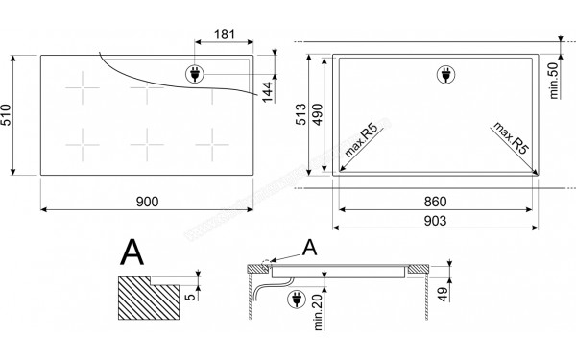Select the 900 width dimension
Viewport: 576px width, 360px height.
click(147, 202)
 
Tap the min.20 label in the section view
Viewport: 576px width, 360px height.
click(317, 310)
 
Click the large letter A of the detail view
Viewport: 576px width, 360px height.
click(132, 253)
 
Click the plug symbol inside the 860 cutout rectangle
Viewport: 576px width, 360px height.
click(444, 74)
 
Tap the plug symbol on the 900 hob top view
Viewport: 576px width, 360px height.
click(194, 74)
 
